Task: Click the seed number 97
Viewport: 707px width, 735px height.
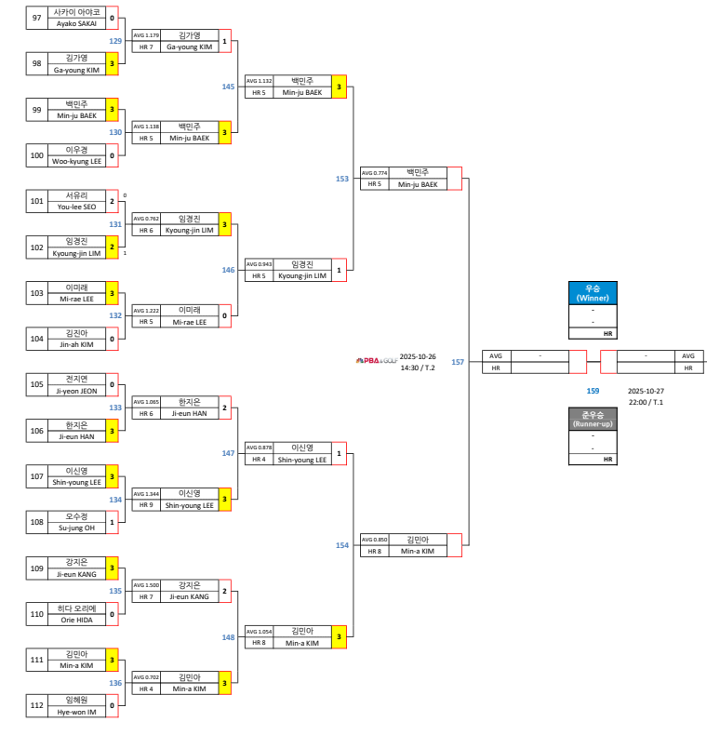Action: (36, 18)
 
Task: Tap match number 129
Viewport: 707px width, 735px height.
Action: (115, 41)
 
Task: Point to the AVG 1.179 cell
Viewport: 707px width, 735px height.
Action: (146, 35)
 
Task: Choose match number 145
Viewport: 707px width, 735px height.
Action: (228, 87)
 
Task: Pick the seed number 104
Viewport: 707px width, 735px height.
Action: (36, 339)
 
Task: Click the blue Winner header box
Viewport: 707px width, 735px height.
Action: (591, 293)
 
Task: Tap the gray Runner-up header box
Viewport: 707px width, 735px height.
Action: (591, 419)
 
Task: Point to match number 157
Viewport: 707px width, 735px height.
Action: (458, 362)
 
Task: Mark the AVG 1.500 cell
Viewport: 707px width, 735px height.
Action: (146, 585)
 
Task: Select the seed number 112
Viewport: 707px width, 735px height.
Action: (36, 704)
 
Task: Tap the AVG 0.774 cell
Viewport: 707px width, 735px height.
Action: (374, 173)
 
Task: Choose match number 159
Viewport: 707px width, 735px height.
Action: (593, 391)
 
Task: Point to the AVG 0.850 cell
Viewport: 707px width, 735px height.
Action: (374, 540)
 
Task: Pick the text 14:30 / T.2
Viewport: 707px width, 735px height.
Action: (418, 367)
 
